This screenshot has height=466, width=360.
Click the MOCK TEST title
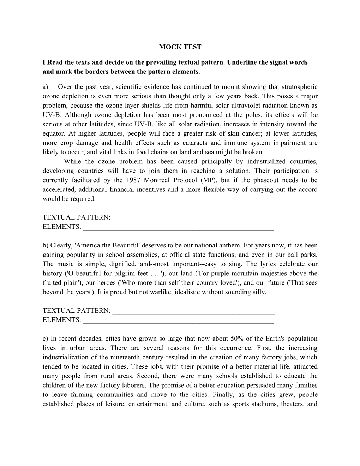click(x=180, y=47)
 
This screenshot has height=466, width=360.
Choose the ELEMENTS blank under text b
click(x=178, y=320)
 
